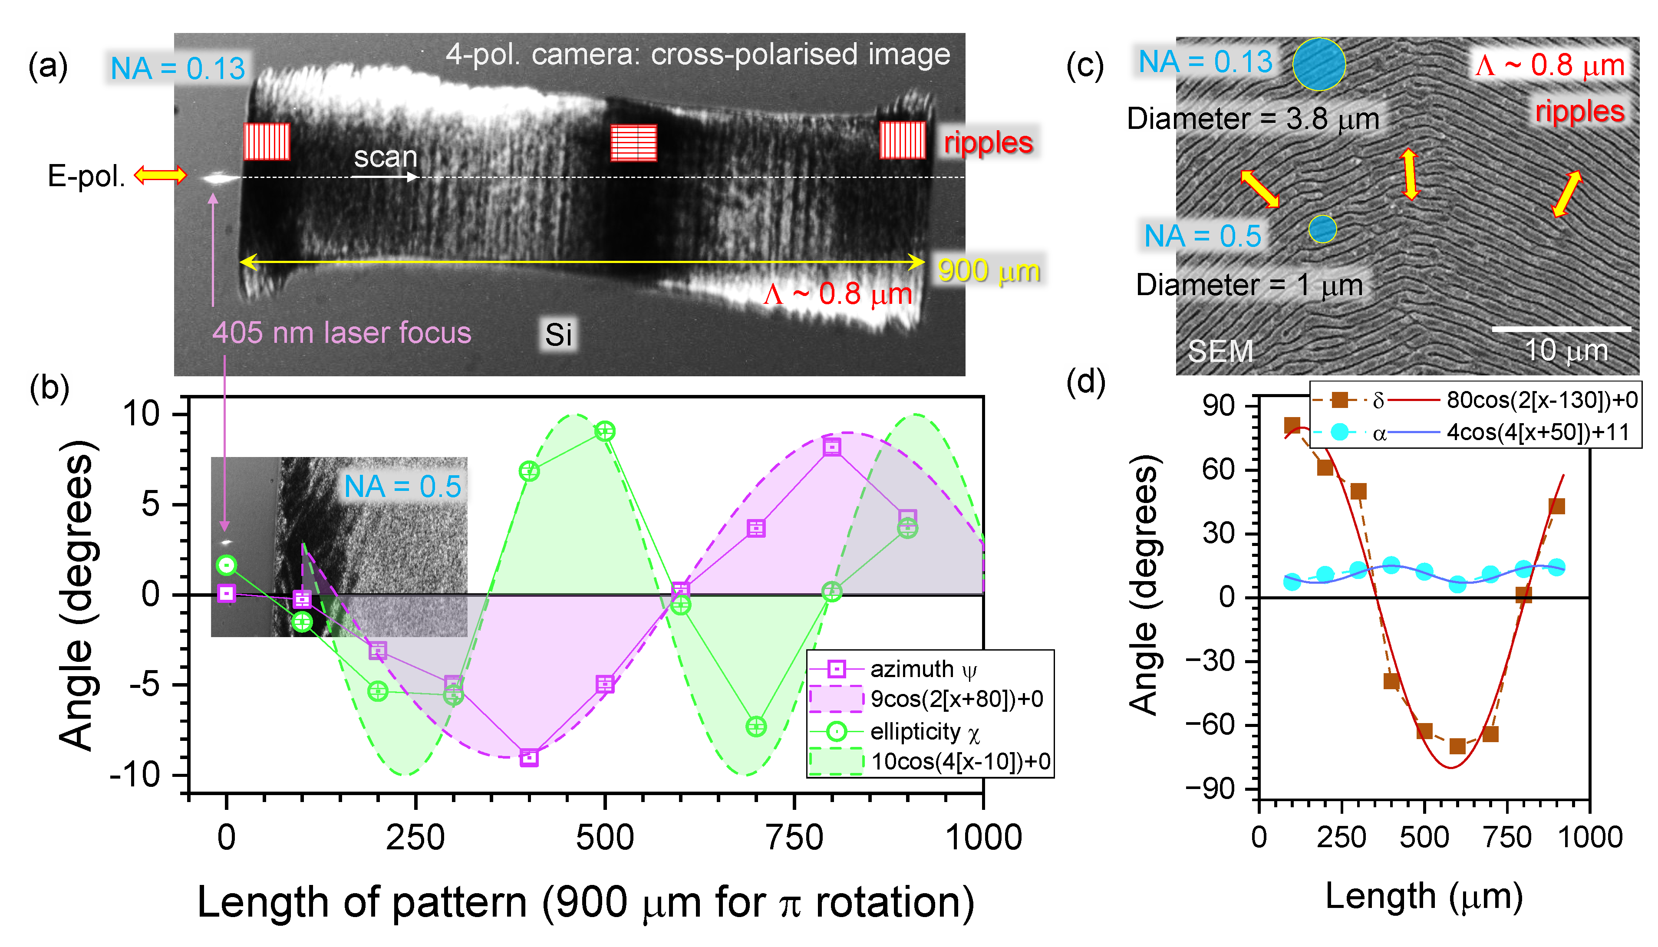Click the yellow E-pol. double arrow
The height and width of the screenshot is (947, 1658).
(160, 175)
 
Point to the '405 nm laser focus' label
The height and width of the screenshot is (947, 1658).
(342, 332)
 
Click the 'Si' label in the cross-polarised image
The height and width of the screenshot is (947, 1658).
(558, 335)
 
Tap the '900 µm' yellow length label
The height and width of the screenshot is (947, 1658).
(988, 270)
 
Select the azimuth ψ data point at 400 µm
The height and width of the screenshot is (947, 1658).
(529, 757)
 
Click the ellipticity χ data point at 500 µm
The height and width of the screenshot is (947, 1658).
(605, 431)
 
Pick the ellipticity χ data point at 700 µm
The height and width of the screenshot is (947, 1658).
(756, 727)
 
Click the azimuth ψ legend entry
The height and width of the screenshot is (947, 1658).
(922, 669)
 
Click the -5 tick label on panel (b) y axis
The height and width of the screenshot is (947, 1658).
(141, 684)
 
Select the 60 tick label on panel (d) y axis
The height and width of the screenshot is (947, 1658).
(1218, 469)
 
